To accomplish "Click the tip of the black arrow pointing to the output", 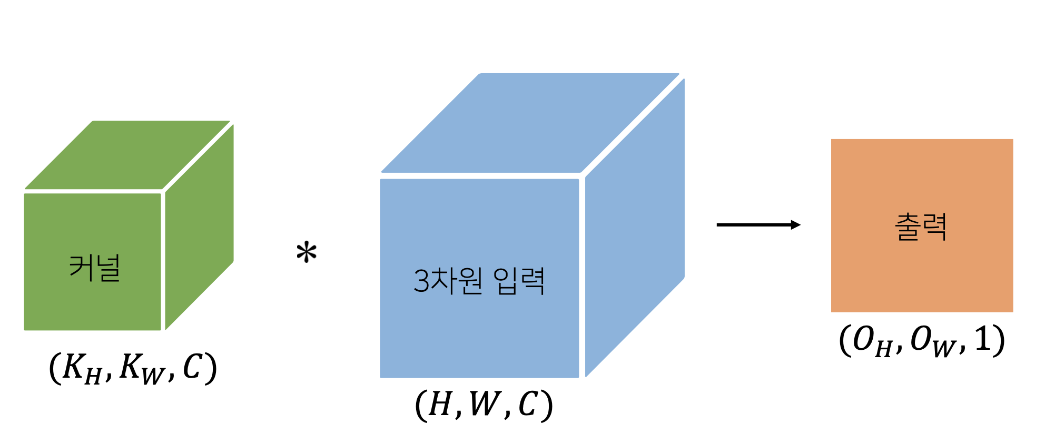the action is [801, 225].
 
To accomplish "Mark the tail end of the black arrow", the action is [717, 225].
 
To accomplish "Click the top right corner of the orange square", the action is [1013, 140].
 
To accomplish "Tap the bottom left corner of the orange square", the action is [832, 312].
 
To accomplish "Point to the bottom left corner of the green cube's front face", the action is [25, 330].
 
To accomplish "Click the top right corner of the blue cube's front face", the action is [578, 180].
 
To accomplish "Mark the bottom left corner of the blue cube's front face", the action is [381, 377].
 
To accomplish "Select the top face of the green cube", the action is [127, 155].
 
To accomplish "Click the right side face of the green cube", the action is [200, 227].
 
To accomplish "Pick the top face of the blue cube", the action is [530, 123].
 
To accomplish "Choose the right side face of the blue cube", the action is [635, 228].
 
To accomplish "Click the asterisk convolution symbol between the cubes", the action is [307, 252].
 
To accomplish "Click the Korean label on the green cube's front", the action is [95, 268].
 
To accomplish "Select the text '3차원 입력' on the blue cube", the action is [479, 281].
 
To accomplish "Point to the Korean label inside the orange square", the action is [921, 227].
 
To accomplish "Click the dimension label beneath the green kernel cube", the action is [133, 368].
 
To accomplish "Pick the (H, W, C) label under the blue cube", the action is [484, 405].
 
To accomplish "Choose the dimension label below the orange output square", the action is [922, 340].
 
